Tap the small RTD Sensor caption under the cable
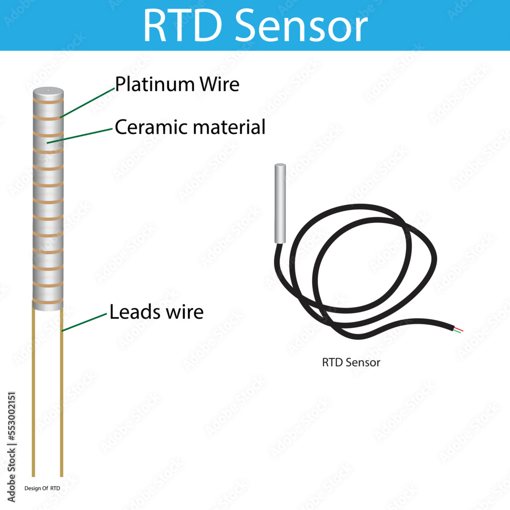[351, 363]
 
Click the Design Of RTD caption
[42, 488]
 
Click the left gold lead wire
[34, 393]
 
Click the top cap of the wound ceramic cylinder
[48, 92]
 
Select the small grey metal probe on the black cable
[280, 203]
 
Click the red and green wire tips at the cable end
[457, 329]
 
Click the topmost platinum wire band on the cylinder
[48, 101]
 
